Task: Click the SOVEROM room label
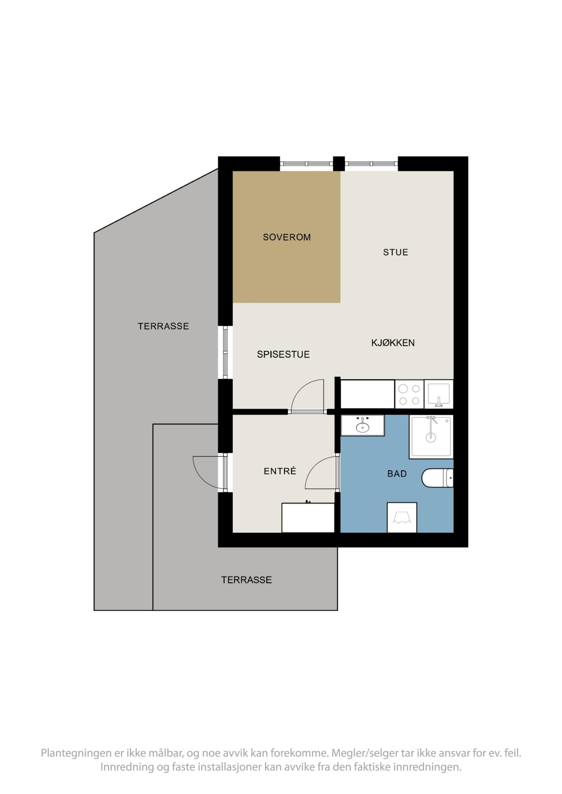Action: (x=287, y=237)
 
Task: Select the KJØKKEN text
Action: (x=393, y=343)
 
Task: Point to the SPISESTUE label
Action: (x=283, y=354)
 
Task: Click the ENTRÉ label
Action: (x=280, y=471)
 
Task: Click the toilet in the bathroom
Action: (x=437, y=478)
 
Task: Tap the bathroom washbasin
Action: (x=363, y=425)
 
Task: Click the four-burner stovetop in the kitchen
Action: (x=409, y=394)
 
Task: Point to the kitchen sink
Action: (x=439, y=394)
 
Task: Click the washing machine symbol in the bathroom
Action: (x=402, y=517)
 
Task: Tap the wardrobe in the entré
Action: (x=308, y=518)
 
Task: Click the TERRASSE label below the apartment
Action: (x=246, y=580)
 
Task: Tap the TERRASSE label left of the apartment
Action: (x=163, y=326)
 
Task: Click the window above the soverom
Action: (x=306, y=164)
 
